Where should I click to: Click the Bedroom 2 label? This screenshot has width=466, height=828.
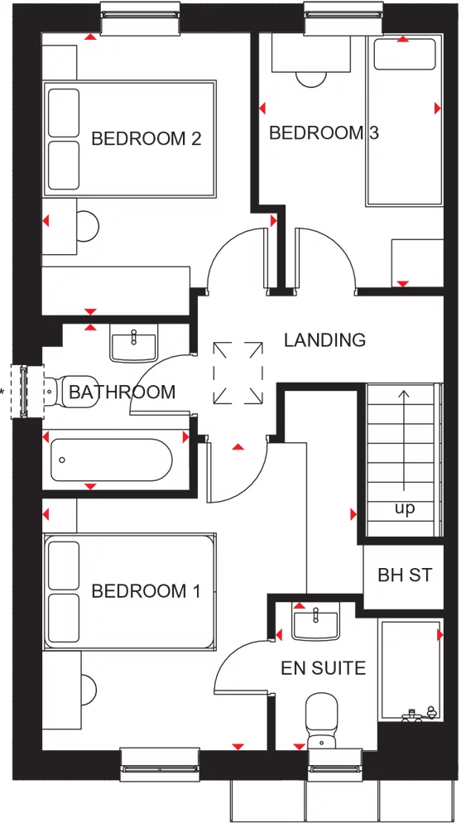click(147, 138)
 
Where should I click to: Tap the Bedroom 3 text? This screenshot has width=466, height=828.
click(324, 132)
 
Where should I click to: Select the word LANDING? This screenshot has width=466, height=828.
click(324, 339)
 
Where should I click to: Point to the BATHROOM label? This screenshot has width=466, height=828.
click(123, 392)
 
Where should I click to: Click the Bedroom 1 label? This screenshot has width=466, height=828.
click(146, 591)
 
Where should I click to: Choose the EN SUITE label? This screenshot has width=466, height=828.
click(323, 667)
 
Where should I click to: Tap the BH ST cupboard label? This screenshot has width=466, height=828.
click(405, 575)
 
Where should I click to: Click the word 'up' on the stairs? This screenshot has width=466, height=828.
click(405, 508)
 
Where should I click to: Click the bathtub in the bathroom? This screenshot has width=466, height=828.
click(111, 460)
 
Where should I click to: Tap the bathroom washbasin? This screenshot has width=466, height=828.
click(133, 342)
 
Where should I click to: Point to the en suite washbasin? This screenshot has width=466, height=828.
click(315, 622)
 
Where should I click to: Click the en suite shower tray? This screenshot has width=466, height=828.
click(411, 671)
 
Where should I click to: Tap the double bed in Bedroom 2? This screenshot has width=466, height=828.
click(130, 138)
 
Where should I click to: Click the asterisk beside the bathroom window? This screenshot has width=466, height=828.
click(3, 391)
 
